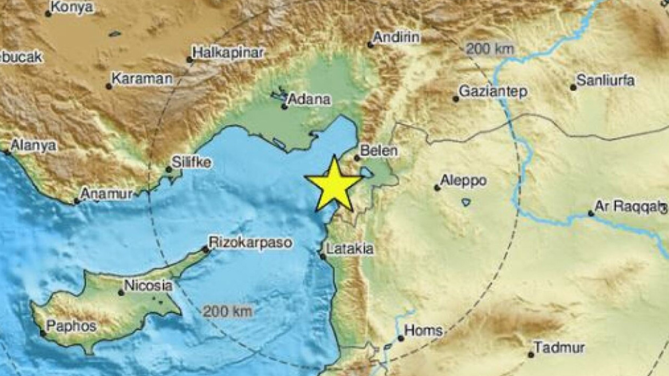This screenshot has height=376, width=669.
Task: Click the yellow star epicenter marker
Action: [x=334, y=183]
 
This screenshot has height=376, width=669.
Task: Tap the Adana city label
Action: [x=309, y=99]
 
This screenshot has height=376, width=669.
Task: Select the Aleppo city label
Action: [x=463, y=181]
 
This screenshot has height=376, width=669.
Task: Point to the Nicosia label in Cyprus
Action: [x=148, y=285]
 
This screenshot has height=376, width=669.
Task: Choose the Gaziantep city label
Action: [x=486, y=92]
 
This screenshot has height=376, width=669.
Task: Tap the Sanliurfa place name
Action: [x=606, y=80]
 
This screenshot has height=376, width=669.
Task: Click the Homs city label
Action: [x=424, y=331]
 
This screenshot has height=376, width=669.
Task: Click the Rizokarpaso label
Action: [x=250, y=243]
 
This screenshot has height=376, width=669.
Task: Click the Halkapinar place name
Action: [x=228, y=53]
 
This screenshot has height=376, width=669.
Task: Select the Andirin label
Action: [x=397, y=38]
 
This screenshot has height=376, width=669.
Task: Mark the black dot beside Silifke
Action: [x=168, y=170]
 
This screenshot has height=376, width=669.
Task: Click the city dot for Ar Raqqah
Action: [x=591, y=214]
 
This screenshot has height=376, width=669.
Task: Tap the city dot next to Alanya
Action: [x=7, y=152]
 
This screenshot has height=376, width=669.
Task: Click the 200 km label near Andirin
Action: [x=490, y=49]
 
